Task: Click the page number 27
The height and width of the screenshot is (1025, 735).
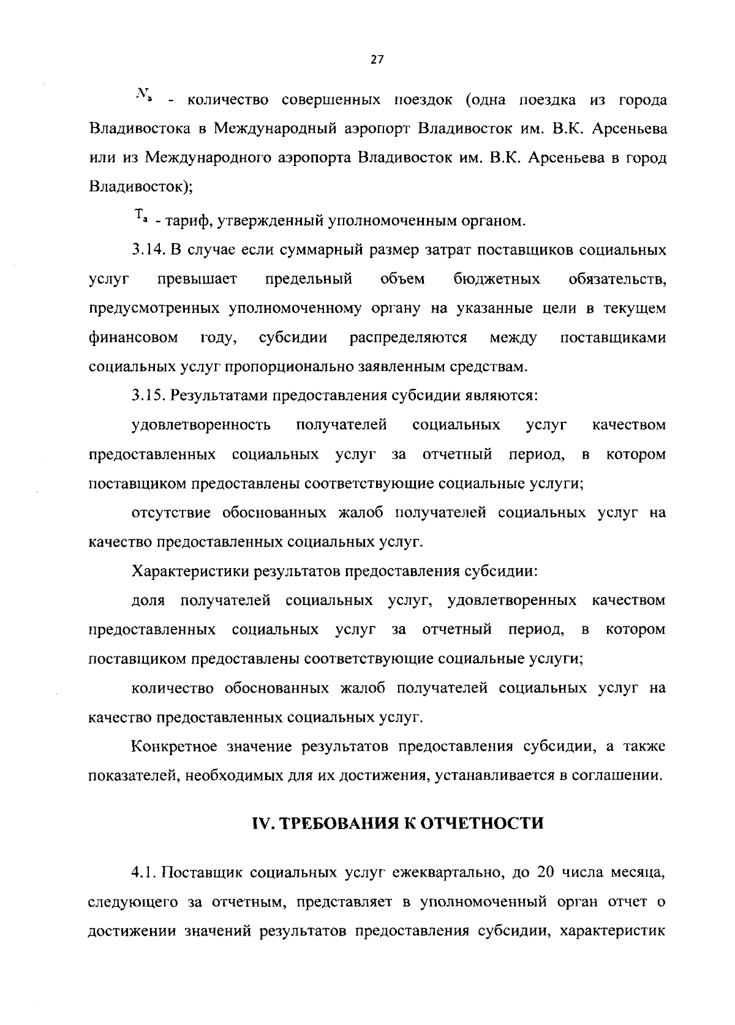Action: pyautogui.click(x=377, y=59)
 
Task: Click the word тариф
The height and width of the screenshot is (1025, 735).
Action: pyautogui.click(x=186, y=220)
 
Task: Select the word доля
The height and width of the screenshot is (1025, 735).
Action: pyautogui.click(x=149, y=601)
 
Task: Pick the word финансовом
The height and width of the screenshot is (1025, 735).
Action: pyautogui.click(x=134, y=338)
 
